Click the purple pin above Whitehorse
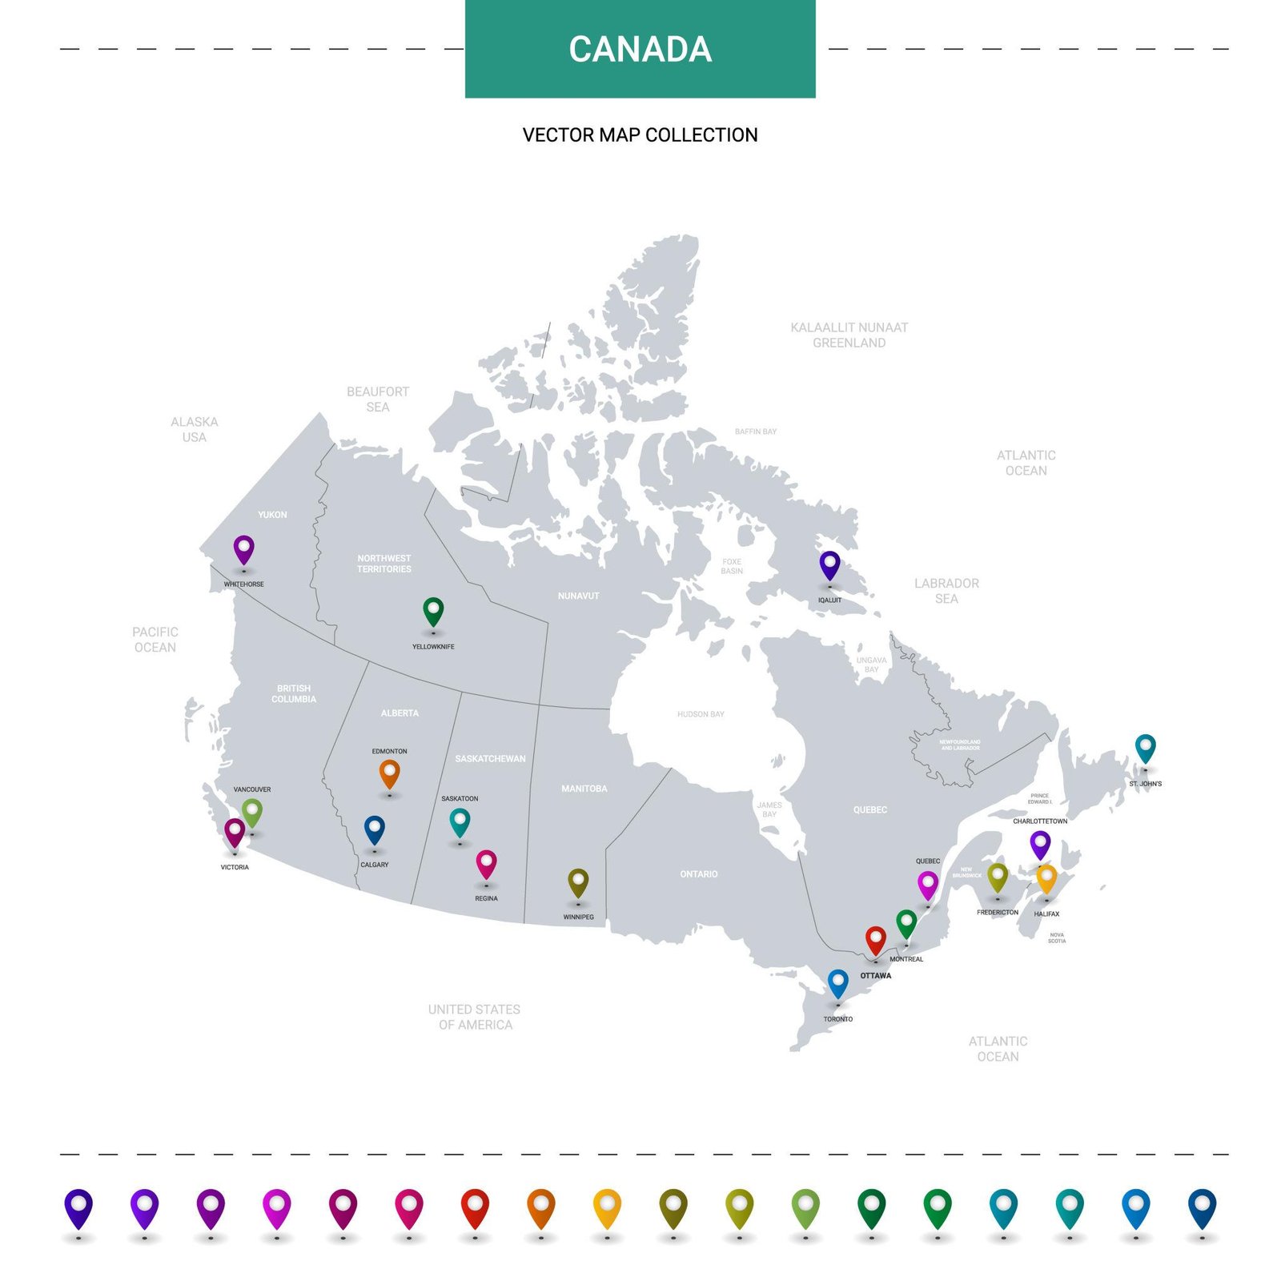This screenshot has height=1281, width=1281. (x=243, y=550)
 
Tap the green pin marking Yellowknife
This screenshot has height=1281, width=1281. (x=433, y=612)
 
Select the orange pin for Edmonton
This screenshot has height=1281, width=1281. (x=389, y=773)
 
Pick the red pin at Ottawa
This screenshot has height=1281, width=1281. (x=876, y=940)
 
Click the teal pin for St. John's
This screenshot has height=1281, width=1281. (x=1146, y=748)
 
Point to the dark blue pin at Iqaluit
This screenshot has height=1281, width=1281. (x=830, y=565)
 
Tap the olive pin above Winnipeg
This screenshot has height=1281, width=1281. (x=578, y=882)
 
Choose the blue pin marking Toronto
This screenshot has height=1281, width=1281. (x=838, y=983)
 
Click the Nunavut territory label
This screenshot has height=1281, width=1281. (x=578, y=596)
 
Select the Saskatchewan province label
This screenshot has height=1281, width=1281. (x=490, y=759)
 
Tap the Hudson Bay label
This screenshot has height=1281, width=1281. (x=701, y=714)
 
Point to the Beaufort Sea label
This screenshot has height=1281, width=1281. (x=378, y=399)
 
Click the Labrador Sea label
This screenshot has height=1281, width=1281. (x=946, y=591)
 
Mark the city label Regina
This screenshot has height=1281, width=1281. (x=486, y=898)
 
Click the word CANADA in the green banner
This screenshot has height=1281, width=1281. (x=640, y=50)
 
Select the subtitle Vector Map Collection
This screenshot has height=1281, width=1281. (x=640, y=135)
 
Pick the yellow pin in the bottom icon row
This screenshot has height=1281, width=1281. (x=607, y=1208)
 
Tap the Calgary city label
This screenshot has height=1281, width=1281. (x=375, y=865)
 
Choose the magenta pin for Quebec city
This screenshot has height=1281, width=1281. (x=927, y=885)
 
